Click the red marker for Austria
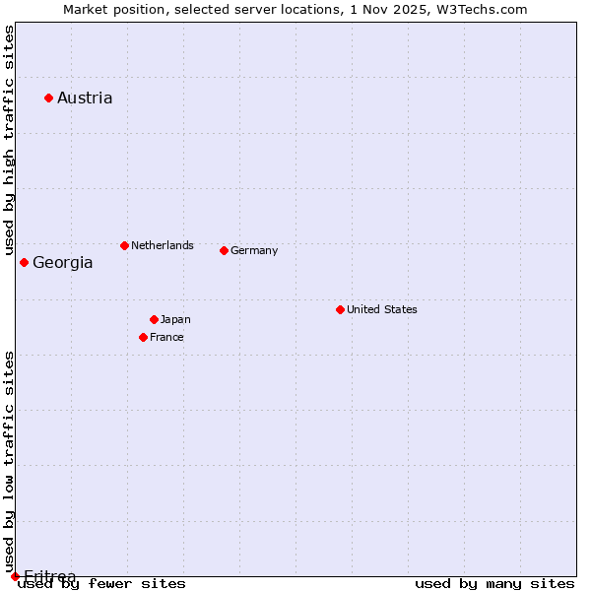48,98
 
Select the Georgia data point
24,262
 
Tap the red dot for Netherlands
124,245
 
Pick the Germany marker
224,250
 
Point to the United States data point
340,309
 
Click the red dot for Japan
154,319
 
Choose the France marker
143,337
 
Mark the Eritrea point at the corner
15,576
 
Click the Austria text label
85,98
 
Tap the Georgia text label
63,262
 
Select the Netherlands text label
163,245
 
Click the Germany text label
254,250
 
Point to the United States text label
382,309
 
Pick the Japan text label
175,319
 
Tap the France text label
166,337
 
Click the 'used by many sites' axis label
494,583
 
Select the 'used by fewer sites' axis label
101,583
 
